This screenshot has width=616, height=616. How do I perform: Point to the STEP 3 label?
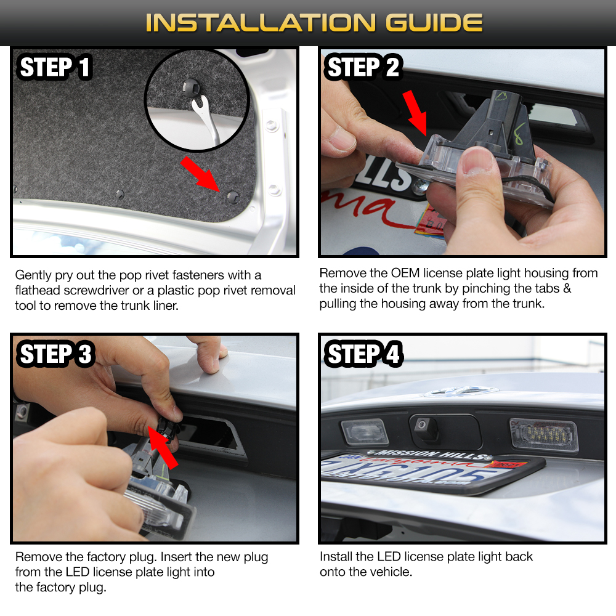(x=55, y=354)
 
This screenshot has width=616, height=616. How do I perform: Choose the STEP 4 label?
(x=363, y=354)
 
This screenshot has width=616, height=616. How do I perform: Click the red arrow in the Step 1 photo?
(x=200, y=174)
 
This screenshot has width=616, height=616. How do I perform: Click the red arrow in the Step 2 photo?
(x=416, y=113)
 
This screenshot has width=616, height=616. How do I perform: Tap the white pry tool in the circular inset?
(x=205, y=118)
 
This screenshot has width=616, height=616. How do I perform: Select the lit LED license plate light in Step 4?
(x=544, y=435)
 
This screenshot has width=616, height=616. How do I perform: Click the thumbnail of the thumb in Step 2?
(x=477, y=159)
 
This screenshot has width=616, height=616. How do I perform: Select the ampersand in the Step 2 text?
(x=567, y=288)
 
